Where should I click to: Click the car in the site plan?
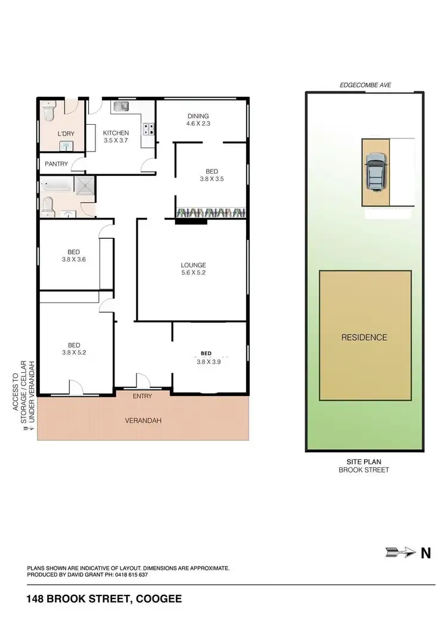tap(375, 172)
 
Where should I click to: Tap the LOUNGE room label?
tap(194, 265)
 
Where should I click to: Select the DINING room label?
tap(198, 116)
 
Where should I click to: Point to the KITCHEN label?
tap(116, 133)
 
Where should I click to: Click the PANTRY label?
tap(55, 163)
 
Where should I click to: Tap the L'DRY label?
tap(66, 134)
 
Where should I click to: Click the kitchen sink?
tap(122, 106)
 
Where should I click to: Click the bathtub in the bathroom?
tap(57, 186)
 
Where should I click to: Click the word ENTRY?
tap(142, 396)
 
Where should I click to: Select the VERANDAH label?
tap(143, 421)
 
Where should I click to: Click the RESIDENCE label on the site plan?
tap(364, 337)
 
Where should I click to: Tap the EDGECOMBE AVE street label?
tap(364, 85)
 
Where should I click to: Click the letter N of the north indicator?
tap(426, 553)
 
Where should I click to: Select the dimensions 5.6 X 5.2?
tap(194, 273)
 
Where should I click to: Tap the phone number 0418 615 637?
tap(127, 575)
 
